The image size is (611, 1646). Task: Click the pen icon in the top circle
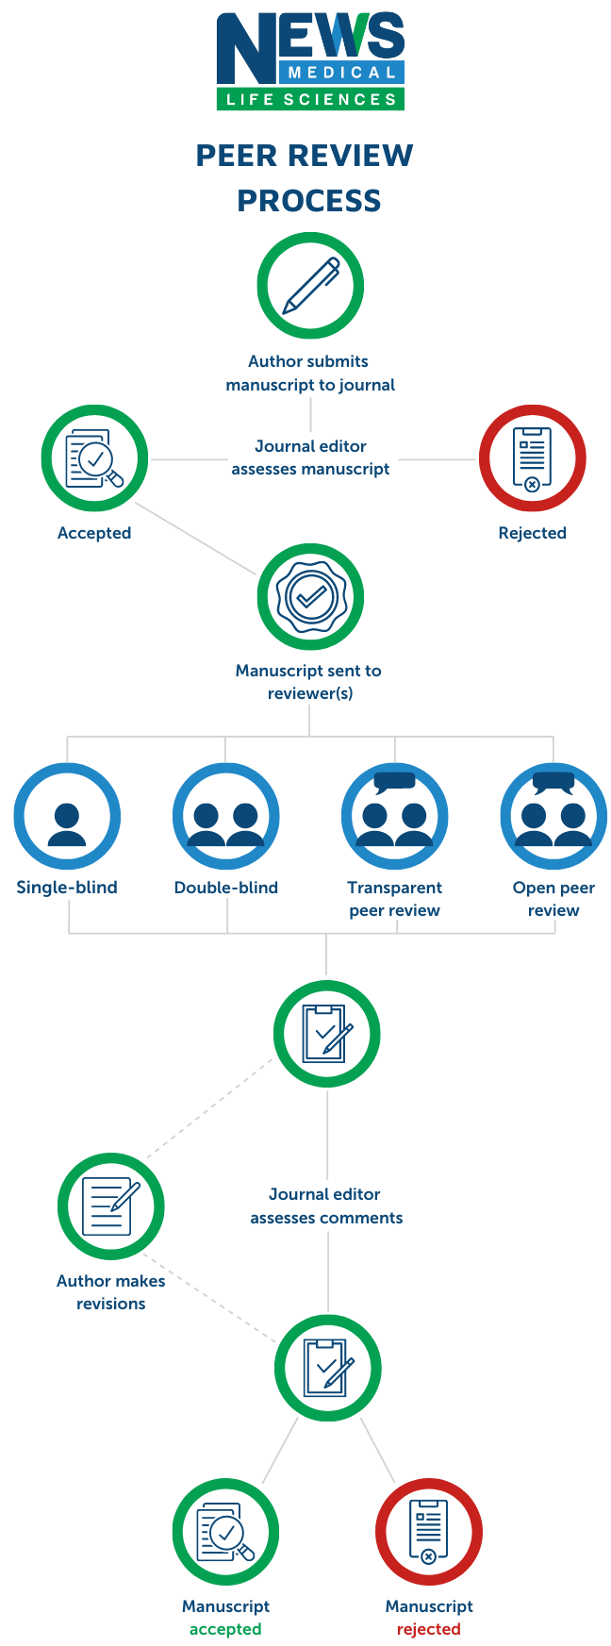[310, 286]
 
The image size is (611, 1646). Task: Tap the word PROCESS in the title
[309, 201]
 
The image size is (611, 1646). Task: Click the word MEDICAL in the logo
[341, 73]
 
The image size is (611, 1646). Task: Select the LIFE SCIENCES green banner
[310, 99]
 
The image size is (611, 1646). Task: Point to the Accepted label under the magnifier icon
[94, 533]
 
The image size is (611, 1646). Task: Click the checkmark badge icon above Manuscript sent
[310, 596]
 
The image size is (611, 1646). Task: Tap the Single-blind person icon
[67, 817]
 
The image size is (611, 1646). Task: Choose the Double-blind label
[226, 888]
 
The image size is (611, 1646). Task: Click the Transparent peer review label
[394, 899]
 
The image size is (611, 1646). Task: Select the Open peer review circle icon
[553, 817]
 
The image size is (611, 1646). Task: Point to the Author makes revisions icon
[111, 1206]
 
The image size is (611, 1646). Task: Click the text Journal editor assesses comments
[326, 1206]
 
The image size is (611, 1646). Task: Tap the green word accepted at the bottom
[225, 1629]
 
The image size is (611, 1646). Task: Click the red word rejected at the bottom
[428, 1629]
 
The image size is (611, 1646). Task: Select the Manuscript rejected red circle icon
[429, 1532]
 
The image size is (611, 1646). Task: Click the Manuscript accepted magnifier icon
[226, 1532]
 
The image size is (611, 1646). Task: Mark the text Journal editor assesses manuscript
[310, 457]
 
